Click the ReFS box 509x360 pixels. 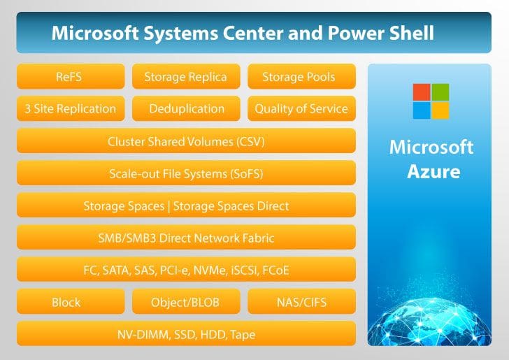[x=71, y=76]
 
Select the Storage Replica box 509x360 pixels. [x=186, y=76]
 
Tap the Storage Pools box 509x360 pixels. [x=301, y=76]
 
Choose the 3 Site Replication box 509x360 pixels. [x=71, y=108]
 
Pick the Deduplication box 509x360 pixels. [x=186, y=108]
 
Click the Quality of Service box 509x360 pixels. [x=301, y=108]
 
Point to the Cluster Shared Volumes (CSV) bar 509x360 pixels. [x=186, y=141]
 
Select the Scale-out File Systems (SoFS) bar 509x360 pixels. [x=186, y=173]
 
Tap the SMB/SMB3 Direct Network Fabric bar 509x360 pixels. [x=186, y=237]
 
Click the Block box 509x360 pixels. [x=71, y=301]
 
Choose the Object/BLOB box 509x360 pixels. [x=186, y=301]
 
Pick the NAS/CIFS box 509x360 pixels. [x=301, y=301]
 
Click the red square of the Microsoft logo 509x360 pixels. [x=422, y=92]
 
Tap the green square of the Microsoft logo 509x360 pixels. [x=440, y=92]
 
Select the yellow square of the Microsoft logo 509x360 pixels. [x=440, y=110]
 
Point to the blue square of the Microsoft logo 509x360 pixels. [x=422, y=110]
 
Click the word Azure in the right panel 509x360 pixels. [x=433, y=171]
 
